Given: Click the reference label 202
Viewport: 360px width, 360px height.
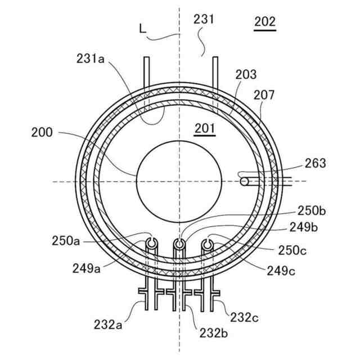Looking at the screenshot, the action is click(265, 22).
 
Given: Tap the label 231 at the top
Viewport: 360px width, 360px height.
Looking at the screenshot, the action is click(204, 19).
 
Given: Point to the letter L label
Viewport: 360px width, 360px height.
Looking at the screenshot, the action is click(143, 27).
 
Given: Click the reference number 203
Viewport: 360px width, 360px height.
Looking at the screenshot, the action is click(246, 74).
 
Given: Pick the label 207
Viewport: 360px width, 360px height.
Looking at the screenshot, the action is click(264, 95).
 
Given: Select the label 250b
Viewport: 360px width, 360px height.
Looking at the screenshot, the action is click(312, 211).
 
